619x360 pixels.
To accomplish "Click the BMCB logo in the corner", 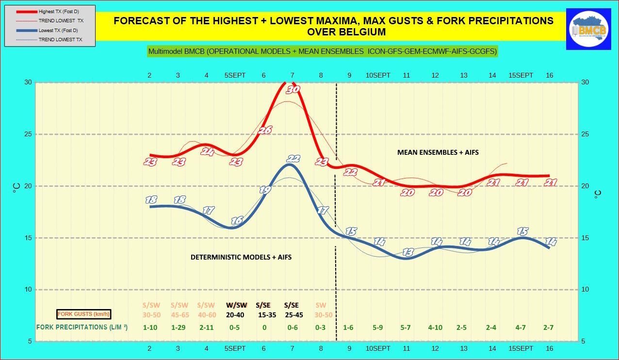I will click(590, 29).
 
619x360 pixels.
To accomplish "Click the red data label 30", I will click(293, 90).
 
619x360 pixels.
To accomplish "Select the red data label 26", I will click(265, 130).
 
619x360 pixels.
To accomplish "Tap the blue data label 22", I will click(293, 159).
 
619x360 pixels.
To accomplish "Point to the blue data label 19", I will click(265, 191).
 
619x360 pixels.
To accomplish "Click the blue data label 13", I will click(408, 252).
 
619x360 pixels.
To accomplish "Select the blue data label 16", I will click(237, 221).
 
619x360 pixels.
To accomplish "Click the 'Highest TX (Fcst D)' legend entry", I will click(60, 12).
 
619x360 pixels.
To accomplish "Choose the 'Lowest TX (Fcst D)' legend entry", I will click(59, 30).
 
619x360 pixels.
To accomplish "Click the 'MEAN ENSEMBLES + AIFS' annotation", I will click(438, 152).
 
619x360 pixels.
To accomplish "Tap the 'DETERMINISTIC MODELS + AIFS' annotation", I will click(241, 257).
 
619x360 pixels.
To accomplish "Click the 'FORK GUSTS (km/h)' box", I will click(84, 314).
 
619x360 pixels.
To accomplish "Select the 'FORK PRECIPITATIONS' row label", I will click(82, 327).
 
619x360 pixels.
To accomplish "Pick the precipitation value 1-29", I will click(179, 327).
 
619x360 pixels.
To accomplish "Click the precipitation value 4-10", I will click(435, 327).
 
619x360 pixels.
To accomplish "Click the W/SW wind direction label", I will click(236, 305).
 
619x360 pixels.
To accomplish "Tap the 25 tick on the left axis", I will click(28, 134).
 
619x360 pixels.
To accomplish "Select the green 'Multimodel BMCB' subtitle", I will click(323, 51).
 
